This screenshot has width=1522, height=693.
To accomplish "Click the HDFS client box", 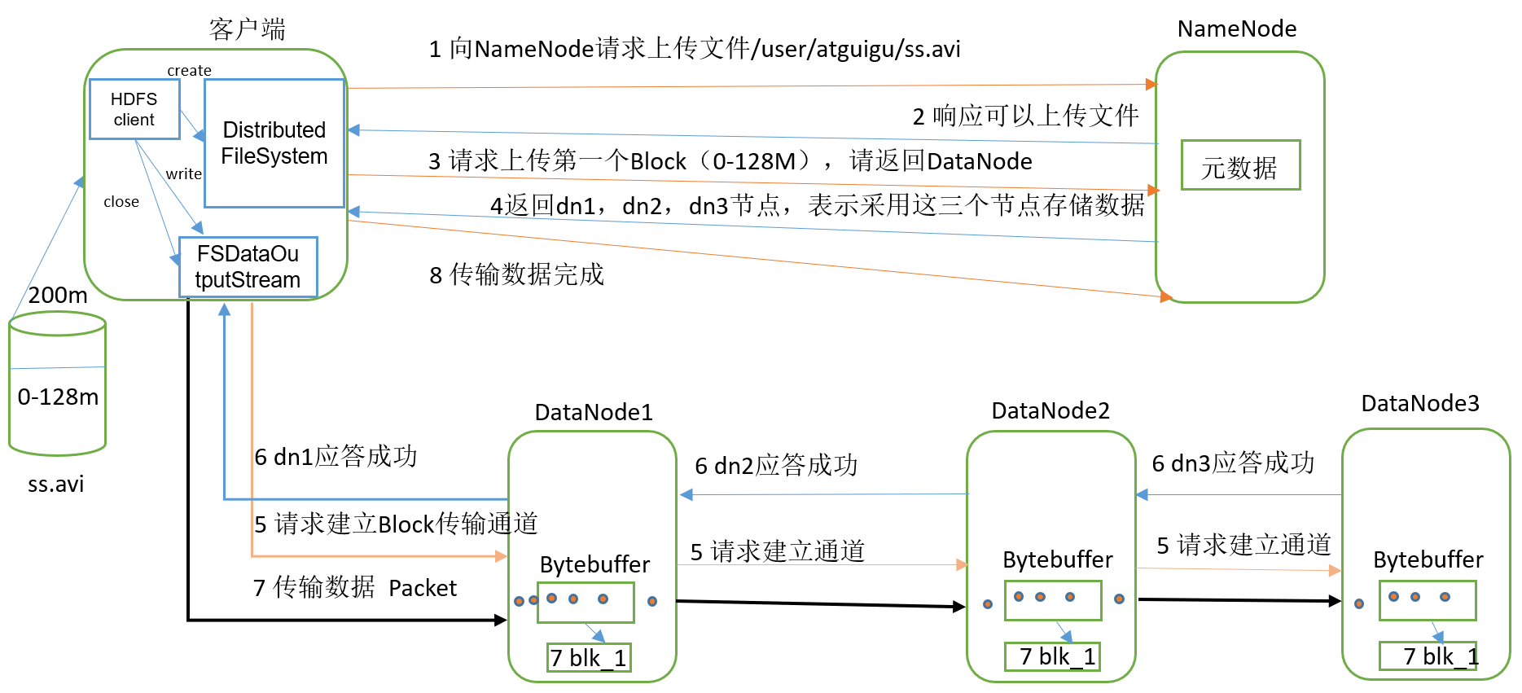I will tap(134, 109).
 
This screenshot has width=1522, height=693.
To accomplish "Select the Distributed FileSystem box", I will tap(274, 143).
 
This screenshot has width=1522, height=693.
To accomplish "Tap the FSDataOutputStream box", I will tap(248, 267).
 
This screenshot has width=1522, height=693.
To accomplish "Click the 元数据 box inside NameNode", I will tap(1239, 166).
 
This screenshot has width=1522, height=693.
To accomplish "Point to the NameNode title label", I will tap(1236, 29).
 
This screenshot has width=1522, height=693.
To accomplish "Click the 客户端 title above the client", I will tap(247, 29).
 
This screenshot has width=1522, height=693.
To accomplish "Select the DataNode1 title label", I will tap(594, 412).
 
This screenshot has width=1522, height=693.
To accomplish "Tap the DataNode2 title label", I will tap(1050, 410).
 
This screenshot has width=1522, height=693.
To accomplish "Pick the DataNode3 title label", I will tap(1420, 403).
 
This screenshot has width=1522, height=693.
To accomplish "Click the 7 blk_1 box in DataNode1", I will tap(588, 658).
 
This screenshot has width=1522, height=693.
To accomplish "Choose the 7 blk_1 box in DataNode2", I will tap(1052, 656).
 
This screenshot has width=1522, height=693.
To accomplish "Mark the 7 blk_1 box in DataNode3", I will tap(1428, 656).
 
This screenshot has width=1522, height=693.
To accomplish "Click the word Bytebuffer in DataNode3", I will tap(1428, 559).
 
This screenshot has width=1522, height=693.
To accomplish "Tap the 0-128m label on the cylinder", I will tap(58, 397).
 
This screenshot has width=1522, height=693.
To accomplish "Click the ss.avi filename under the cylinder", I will tap(56, 485).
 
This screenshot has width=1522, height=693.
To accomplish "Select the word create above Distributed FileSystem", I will tap(189, 71).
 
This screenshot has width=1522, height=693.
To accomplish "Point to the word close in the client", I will tap(121, 202).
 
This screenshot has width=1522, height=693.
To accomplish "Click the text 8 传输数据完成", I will tap(516, 275).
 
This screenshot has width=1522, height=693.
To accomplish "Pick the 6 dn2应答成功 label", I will tap(776, 466).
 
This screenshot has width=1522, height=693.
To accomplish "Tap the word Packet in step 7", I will tap(423, 588).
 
